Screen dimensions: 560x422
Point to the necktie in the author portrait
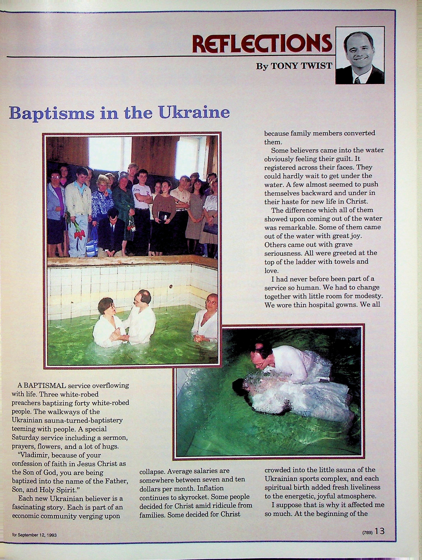pos(357,80)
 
